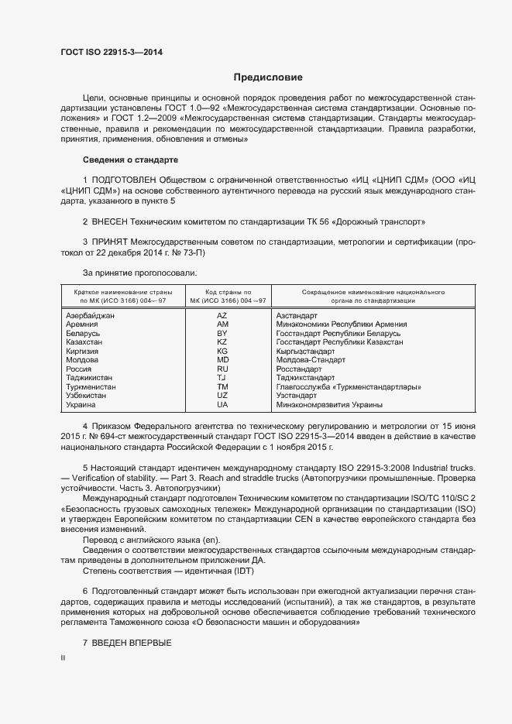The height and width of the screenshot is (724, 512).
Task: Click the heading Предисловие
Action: pyautogui.click(x=268, y=77)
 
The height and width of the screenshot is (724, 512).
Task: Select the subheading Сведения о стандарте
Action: pyautogui.click(x=130, y=160)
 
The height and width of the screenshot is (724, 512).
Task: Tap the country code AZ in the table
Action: pyautogui.click(x=222, y=316)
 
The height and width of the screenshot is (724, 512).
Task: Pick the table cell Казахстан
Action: pyautogui.click(x=84, y=341)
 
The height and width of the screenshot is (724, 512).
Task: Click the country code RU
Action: pyautogui.click(x=222, y=369)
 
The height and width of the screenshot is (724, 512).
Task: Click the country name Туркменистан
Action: pyautogui.click(x=91, y=386)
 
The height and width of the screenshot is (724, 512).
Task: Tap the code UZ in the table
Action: pyautogui.click(x=222, y=395)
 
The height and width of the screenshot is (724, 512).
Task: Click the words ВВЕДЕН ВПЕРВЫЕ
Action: pyautogui.click(x=131, y=644)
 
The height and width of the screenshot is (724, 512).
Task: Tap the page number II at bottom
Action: pyautogui.click(x=63, y=657)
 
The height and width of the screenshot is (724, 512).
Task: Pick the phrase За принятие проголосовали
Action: pyautogui.click(x=139, y=272)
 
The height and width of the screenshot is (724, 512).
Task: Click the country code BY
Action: pyautogui.click(x=222, y=333)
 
